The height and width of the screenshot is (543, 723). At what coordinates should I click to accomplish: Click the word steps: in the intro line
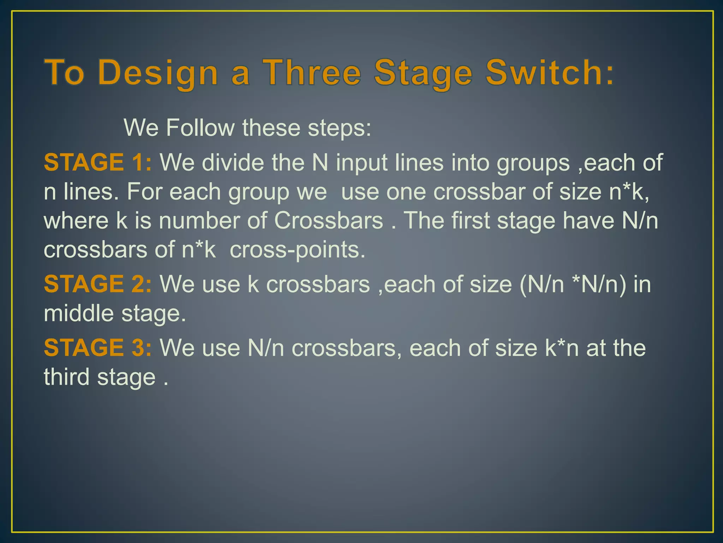pos(340,128)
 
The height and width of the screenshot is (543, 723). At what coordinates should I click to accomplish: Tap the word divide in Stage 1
pos(233,162)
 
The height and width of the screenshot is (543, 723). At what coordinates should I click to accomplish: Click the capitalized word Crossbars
pos(328,221)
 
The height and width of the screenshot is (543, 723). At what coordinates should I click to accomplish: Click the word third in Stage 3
pos(67,377)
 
